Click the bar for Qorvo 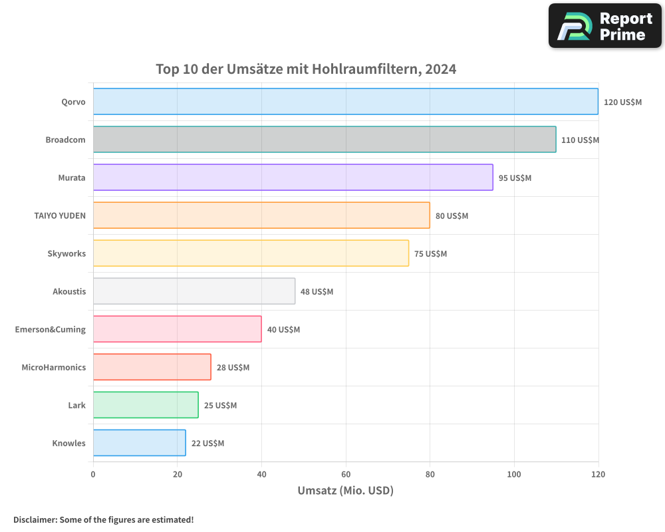click(x=345, y=102)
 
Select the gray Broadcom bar click(x=325, y=140)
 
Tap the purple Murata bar click(x=293, y=178)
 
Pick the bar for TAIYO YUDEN click(x=261, y=215)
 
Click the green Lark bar click(x=146, y=405)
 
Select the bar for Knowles click(x=139, y=443)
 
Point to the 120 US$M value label click(x=622, y=102)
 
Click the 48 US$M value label click(x=317, y=292)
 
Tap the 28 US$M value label click(x=233, y=368)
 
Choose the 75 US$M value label click(x=430, y=254)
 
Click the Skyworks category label click(x=66, y=254)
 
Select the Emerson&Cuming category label click(x=51, y=330)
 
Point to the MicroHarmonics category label click(x=54, y=368)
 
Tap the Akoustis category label click(x=69, y=292)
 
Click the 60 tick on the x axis click(x=346, y=474)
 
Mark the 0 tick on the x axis click(x=93, y=474)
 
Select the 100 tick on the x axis click(x=514, y=474)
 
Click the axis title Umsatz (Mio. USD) click(x=345, y=491)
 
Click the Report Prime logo click(x=605, y=26)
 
